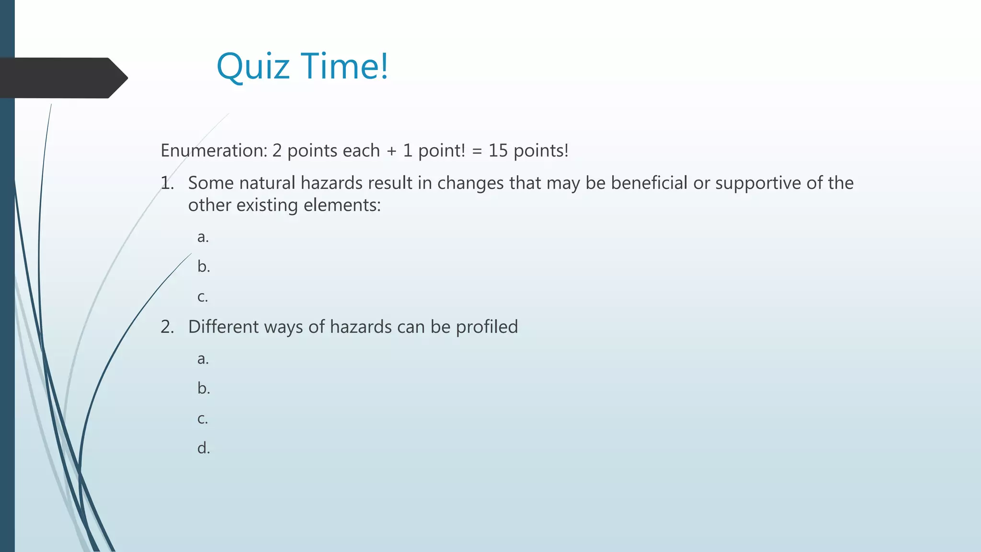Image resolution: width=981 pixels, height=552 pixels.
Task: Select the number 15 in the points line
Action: click(498, 150)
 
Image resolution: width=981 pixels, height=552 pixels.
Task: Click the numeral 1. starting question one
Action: click(167, 183)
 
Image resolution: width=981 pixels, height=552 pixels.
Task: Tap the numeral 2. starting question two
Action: click(167, 327)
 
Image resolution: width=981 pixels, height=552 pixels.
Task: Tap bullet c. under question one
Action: click(203, 297)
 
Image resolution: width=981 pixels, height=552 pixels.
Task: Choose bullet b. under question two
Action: click(204, 388)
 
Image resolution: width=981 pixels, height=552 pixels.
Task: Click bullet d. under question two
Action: click(204, 448)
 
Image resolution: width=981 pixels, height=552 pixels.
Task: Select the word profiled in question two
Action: click(487, 327)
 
